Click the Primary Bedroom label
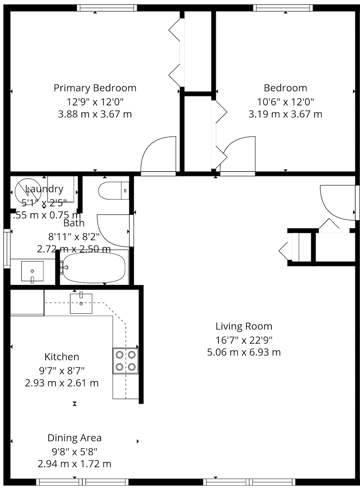[x=95, y=88]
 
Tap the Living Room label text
[x=244, y=326]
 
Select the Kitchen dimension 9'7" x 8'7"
[x=62, y=370]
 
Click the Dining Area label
[x=75, y=438]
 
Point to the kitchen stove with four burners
[x=125, y=361]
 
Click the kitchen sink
[x=81, y=303]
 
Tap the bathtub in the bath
[x=94, y=268]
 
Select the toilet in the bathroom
[x=113, y=191]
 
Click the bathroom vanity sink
[x=32, y=271]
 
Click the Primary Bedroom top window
[x=106, y=8]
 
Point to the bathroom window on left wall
[x=7, y=248]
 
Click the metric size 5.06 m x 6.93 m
[x=244, y=352]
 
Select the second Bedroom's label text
[x=285, y=88]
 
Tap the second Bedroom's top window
[x=283, y=8]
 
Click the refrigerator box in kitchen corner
[x=27, y=302]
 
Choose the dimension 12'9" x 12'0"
[x=95, y=102]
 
